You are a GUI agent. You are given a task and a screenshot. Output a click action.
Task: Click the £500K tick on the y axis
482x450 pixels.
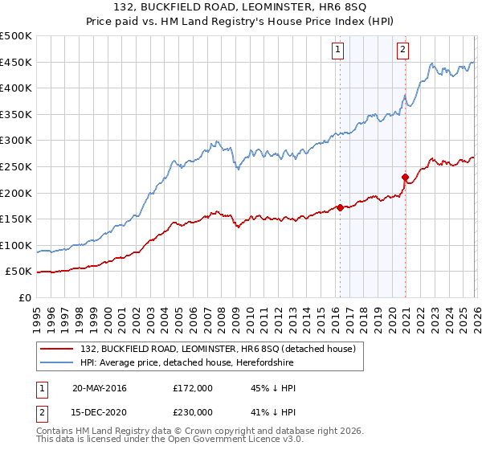pyautogui.click(x=16, y=36)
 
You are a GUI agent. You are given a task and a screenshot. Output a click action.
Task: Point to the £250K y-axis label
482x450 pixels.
pyautogui.click(x=16, y=166)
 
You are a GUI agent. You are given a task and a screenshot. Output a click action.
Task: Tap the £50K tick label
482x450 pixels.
pyautogui.click(x=18, y=272)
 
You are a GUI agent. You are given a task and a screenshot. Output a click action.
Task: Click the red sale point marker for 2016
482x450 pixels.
pyautogui.click(x=340, y=207)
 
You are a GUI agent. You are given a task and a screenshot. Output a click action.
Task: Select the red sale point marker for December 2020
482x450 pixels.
pyautogui.click(x=405, y=177)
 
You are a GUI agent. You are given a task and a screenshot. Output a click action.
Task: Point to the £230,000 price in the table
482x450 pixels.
pyautogui.click(x=193, y=411)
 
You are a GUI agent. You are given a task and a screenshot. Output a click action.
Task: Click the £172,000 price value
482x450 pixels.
pyautogui.click(x=193, y=388)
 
